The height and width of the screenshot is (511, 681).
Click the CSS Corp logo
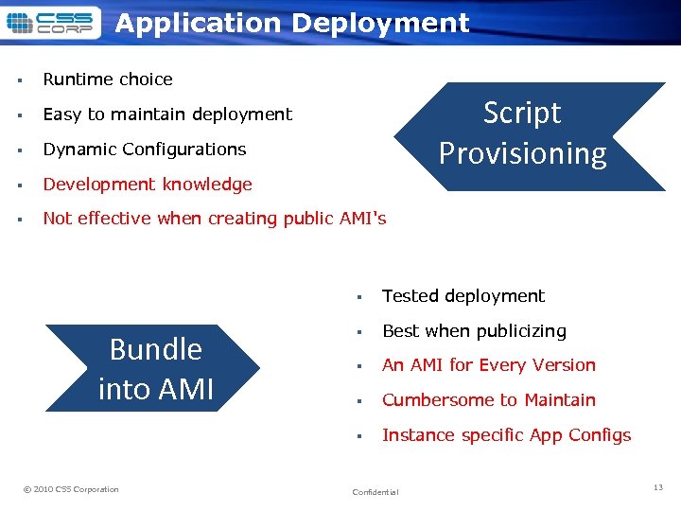point(49,23)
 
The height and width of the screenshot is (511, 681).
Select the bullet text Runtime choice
point(108,79)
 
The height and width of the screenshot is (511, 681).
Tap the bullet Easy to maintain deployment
point(167,115)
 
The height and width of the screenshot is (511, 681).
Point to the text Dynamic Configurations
point(144,150)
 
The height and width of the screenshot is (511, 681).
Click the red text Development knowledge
point(148,185)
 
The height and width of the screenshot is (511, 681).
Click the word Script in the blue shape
point(522,114)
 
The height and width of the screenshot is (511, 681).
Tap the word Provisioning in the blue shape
point(523,153)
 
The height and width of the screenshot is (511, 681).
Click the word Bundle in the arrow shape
point(156,349)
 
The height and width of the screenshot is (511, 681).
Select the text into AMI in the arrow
point(156,389)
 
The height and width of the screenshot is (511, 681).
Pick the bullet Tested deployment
point(463,296)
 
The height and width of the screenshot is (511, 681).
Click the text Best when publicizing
point(474,331)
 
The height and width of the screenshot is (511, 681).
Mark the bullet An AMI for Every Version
point(489,365)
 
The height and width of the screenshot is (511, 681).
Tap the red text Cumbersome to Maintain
point(489,400)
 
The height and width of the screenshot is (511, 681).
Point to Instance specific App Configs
point(506,435)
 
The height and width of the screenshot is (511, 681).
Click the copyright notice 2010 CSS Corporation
point(72,489)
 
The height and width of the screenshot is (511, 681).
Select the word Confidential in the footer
point(375,492)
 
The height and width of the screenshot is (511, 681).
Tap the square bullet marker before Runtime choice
point(19,80)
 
